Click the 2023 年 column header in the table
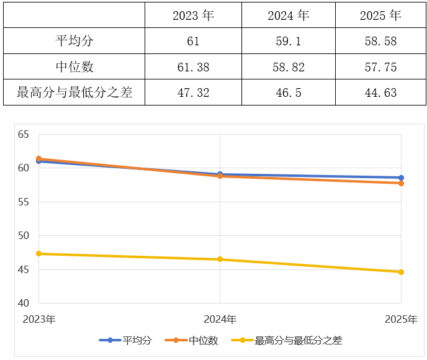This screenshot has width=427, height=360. pyautogui.click(x=193, y=16)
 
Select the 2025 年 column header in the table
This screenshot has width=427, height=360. pyautogui.click(x=380, y=16)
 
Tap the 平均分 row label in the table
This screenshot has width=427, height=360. pyautogui.click(x=74, y=42)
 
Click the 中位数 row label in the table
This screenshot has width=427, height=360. pyautogui.click(x=74, y=67)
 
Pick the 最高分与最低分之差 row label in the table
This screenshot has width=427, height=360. pyautogui.click(x=74, y=93)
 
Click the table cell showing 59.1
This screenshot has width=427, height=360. pyautogui.click(x=288, y=42)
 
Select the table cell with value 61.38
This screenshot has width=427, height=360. pyautogui.click(x=193, y=67)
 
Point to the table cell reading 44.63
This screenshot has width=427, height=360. pyautogui.click(x=380, y=93)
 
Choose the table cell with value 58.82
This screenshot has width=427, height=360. pyautogui.click(x=288, y=67)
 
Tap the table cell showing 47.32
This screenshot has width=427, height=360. pyautogui.click(x=193, y=93)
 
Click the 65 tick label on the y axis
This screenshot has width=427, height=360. pyautogui.click(x=24, y=134)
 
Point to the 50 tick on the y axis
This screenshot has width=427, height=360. pyautogui.click(x=24, y=236)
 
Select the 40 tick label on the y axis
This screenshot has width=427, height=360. pyautogui.click(x=24, y=304)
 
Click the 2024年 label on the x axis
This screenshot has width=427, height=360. pyautogui.click(x=220, y=320)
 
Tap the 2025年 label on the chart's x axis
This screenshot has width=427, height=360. pyautogui.click(x=400, y=320)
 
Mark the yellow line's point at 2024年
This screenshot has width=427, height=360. pyautogui.click(x=220, y=259)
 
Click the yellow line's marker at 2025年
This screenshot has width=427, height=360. pyautogui.click(x=401, y=272)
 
